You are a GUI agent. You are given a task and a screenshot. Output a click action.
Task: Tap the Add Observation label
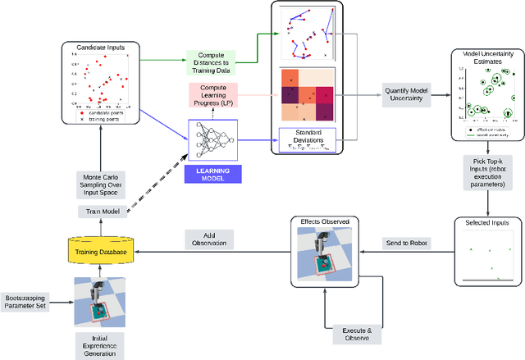click(209, 239)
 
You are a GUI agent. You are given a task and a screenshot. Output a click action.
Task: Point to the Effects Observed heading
click(326, 221)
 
